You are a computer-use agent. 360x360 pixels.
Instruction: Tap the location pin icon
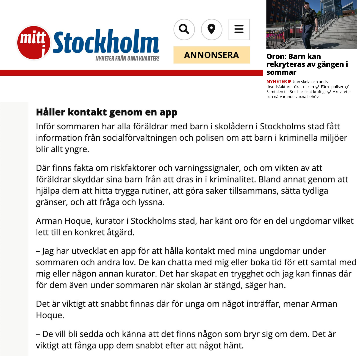[x=211, y=29]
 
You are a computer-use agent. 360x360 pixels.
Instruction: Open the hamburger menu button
[x=239, y=29]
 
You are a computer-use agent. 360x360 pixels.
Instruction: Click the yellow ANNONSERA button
[x=211, y=55]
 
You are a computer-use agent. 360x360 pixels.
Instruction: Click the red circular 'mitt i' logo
[x=34, y=43]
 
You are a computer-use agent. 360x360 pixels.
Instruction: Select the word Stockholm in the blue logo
[x=106, y=43]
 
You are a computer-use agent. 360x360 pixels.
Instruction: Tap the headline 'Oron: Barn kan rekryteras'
[x=307, y=64]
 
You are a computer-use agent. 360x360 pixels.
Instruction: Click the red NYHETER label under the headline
[x=276, y=81]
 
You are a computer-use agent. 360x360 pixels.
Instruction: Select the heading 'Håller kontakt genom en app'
[x=107, y=112]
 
